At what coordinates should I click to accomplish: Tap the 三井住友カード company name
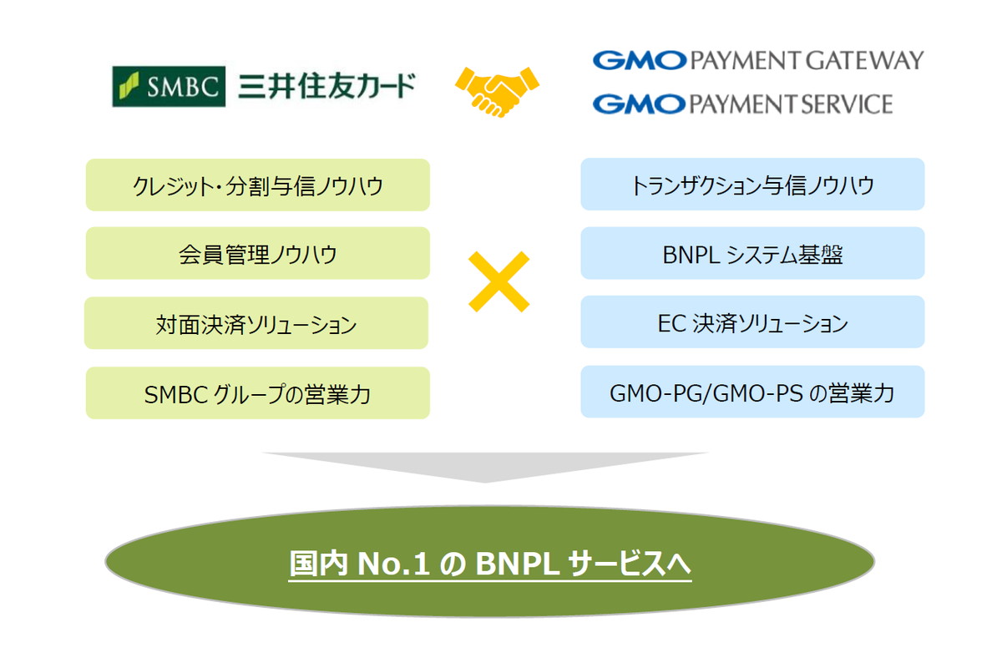[326, 85]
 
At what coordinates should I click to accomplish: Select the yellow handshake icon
[497, 86]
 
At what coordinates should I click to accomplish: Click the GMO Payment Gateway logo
[757, 60]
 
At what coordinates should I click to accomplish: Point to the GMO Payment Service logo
[741, 104]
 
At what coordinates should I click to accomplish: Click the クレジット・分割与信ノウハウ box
[257, 185]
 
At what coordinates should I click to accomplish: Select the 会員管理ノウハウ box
[257, 253]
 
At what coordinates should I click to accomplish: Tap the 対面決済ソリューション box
[256, 322]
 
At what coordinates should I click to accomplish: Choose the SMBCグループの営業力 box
[257, 392]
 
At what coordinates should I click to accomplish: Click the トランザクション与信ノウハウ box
[752, 184]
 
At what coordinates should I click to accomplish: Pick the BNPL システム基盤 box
[752, 253]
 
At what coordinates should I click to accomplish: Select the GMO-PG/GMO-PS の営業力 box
[752, 392]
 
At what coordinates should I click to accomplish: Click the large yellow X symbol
[498, 282]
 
